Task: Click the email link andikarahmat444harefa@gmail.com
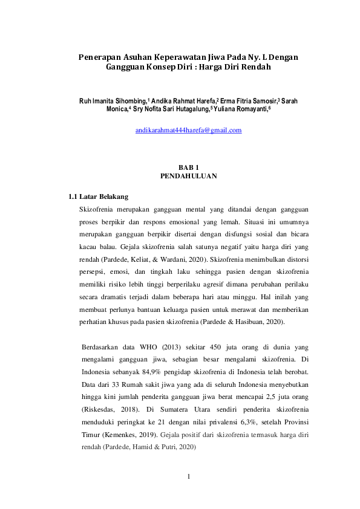[188, 130]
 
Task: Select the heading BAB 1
[188, 167]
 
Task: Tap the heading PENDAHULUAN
[188, 176]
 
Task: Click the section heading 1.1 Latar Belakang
[97, 197]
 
